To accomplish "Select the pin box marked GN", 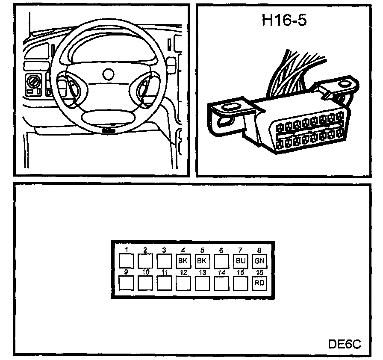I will [x=259, y=260].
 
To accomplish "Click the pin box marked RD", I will [x=259, y=283].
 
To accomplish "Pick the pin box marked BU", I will [x=240, y=260].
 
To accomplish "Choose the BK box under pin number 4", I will [x=183, y=260].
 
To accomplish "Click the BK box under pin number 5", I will [x=202, y=260].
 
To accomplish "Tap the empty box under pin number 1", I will [x=126, y=260].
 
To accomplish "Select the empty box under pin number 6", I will [x=221, y=260].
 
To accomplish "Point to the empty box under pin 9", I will [x=126, y=283].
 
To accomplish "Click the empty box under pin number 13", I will [x=202, y=283].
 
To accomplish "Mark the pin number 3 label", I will [x=164, y=250].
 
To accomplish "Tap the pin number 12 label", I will [x=183, y=272].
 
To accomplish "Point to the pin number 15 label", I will [x=240, y=272].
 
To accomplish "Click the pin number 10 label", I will [x=145, y=272].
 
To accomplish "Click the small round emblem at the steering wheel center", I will [x=109, y=74].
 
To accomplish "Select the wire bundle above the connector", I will [x=295, y=71].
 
